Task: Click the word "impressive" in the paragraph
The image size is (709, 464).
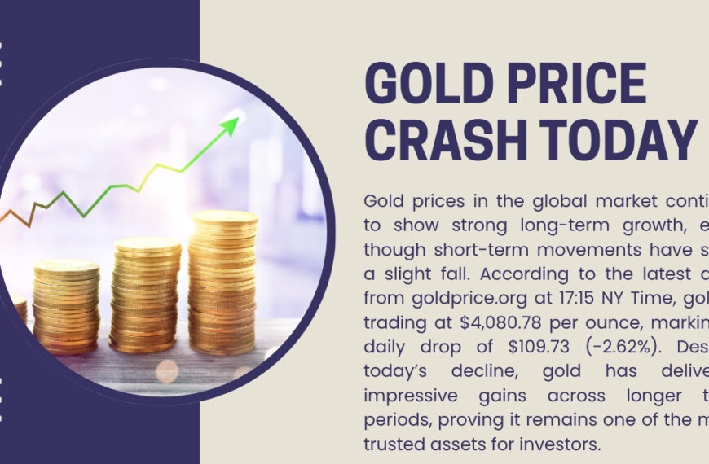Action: [x=405, y=397]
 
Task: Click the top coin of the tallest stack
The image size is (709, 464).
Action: [x=223, y=217]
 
